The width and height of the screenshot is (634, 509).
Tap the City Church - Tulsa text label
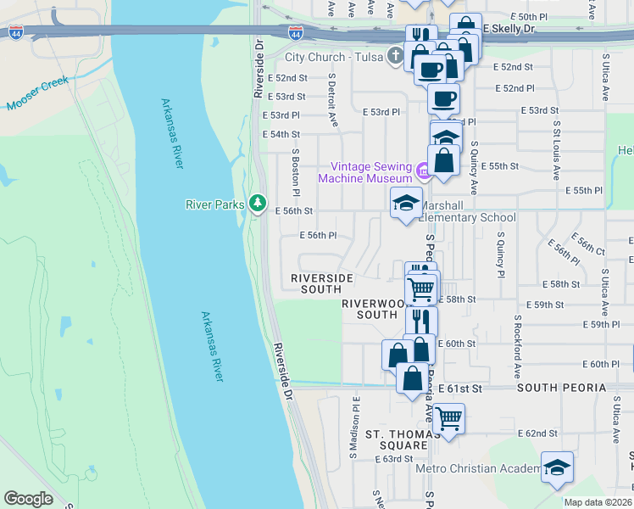point(332,58)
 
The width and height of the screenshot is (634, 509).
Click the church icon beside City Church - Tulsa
point(394,58)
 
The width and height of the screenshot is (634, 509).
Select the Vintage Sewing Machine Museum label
point(364,172)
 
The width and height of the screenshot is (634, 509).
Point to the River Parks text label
point(215,204)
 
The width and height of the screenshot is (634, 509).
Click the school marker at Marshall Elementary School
point(405,204)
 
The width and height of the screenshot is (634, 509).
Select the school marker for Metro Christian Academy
point(556,467)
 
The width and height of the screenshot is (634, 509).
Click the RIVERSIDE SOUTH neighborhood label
point(321,283)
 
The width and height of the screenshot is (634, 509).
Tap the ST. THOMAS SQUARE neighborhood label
point(397,439)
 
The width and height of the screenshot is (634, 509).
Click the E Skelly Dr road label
point(509,29)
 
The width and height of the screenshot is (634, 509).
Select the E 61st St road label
point(459,388)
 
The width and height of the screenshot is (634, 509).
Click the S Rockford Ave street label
point(516,348)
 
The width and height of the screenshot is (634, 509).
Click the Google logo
point(28,499)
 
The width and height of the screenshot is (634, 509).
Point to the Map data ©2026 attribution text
point(598,502)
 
